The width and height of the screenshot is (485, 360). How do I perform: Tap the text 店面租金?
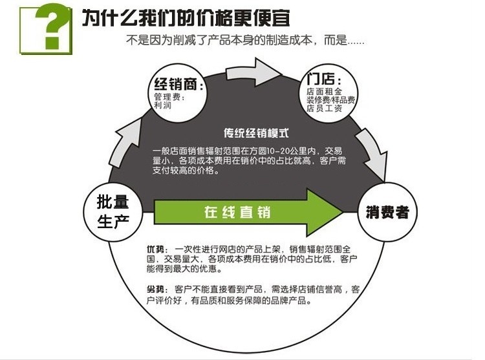[x=325, y=92]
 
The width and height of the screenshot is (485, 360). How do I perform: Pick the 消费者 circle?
[x=387, y=211]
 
